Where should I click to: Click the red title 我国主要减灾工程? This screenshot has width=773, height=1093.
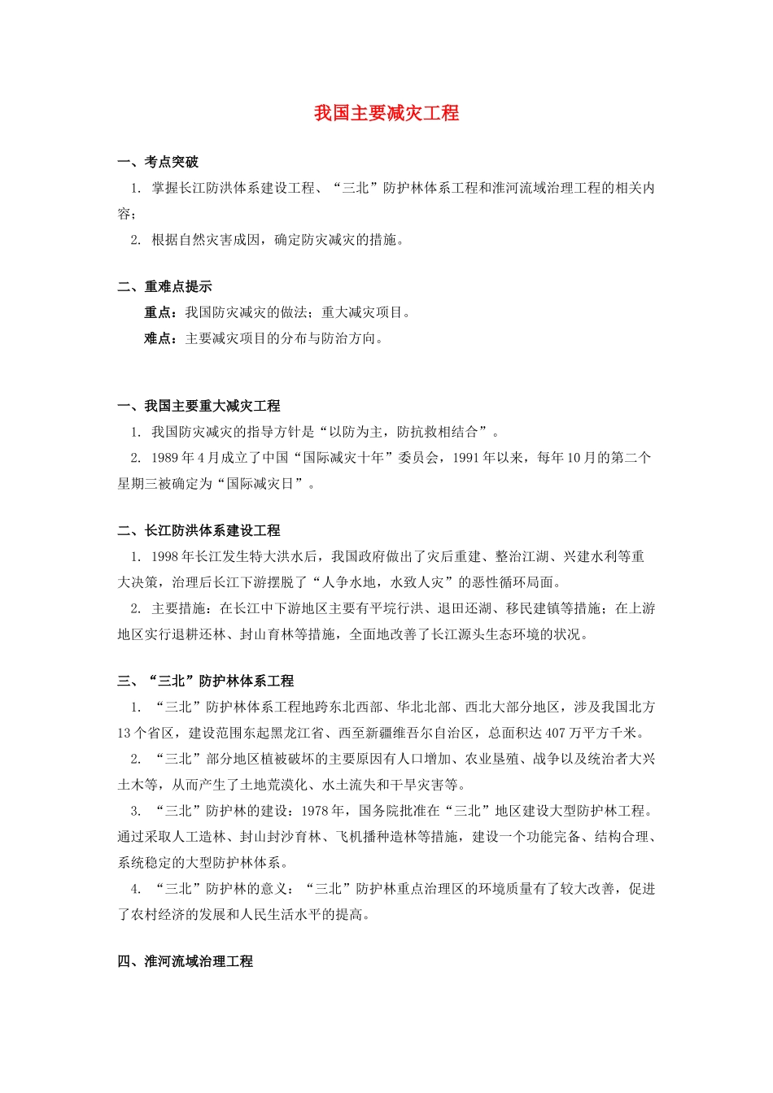click(x=386, y=113)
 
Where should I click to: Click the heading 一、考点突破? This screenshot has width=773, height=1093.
click(x=158, y=162)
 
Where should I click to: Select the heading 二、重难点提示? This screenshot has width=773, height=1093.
click(x=164, y=286)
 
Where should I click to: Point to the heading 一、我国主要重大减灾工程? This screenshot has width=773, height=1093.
click(x=199, y=406)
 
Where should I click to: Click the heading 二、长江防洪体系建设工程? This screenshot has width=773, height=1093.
click(x=199, y=530)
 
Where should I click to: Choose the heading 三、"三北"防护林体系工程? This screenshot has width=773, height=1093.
click(x=205, y=681)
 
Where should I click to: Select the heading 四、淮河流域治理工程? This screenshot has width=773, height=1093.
click(x=185, y=961)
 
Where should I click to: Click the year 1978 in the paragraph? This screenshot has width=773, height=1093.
click(x=315, y=811)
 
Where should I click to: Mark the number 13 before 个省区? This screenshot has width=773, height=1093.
click(x=124, y=733)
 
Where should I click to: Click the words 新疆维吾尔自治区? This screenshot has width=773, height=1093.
click(x=420, y=733)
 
